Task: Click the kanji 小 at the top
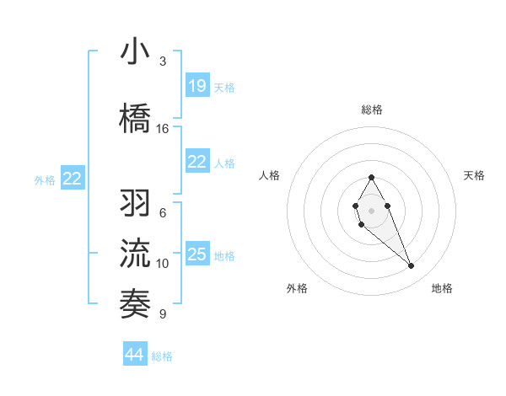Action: coord(136,52)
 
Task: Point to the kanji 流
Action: coord(136,252)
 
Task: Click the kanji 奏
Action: coord(136,302)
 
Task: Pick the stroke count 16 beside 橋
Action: coord(163,128)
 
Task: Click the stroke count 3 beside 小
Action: coord(163,62)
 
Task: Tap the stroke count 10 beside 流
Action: coord(163,264)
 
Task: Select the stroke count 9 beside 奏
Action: coord(163,314)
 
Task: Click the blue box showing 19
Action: coord(197,86)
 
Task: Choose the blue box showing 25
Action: coord(197,254)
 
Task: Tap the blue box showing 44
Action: coord(135,355)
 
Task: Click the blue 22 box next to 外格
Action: coord(73,178)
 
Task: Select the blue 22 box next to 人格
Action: coord(197,163)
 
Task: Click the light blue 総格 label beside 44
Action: coord(162,356)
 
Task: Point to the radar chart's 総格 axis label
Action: coord(371,110)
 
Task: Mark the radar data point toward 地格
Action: coord(412,266)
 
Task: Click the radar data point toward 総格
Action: coord(371,178)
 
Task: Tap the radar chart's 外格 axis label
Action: coord(297,288)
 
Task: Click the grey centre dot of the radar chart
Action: coord(371,209)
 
